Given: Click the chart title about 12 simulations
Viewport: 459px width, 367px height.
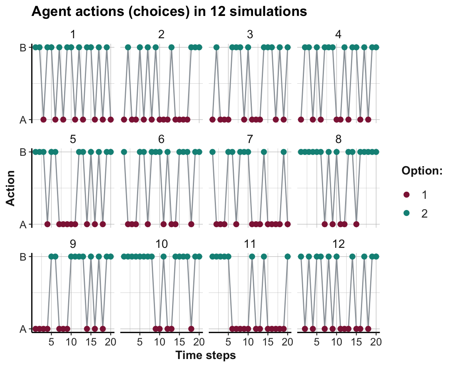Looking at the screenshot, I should pos(169,12).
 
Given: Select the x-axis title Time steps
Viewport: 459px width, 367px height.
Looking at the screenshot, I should pos(206,355).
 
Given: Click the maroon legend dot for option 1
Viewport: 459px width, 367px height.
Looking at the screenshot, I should pos(407,194).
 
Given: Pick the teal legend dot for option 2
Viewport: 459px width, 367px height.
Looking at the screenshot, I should pos(407,214).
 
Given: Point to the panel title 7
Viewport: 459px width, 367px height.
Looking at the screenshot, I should pos(250,139).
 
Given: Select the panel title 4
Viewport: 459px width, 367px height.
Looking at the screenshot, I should pos(338,34).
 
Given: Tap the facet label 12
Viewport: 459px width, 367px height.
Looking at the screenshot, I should pos(338,243).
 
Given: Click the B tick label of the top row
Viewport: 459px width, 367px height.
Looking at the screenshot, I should pos(23,48).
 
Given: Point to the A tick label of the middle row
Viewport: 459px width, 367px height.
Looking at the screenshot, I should pos(23,225).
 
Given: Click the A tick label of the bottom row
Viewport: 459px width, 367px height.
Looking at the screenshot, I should pos(23,329).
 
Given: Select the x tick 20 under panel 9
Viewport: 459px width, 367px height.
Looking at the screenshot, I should pos(110,342).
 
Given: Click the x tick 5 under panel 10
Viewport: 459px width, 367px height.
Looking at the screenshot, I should pos(140,342).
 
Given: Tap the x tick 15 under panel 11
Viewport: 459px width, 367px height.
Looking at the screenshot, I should pos(267,342).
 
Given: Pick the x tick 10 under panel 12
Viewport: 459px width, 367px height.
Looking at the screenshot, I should pos(336,342).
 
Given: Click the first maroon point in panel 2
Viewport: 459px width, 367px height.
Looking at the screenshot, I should pos(124,120).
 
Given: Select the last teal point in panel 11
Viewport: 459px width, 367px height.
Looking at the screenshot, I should pos(288,257).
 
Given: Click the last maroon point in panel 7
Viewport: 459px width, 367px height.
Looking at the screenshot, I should pos(288,224).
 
